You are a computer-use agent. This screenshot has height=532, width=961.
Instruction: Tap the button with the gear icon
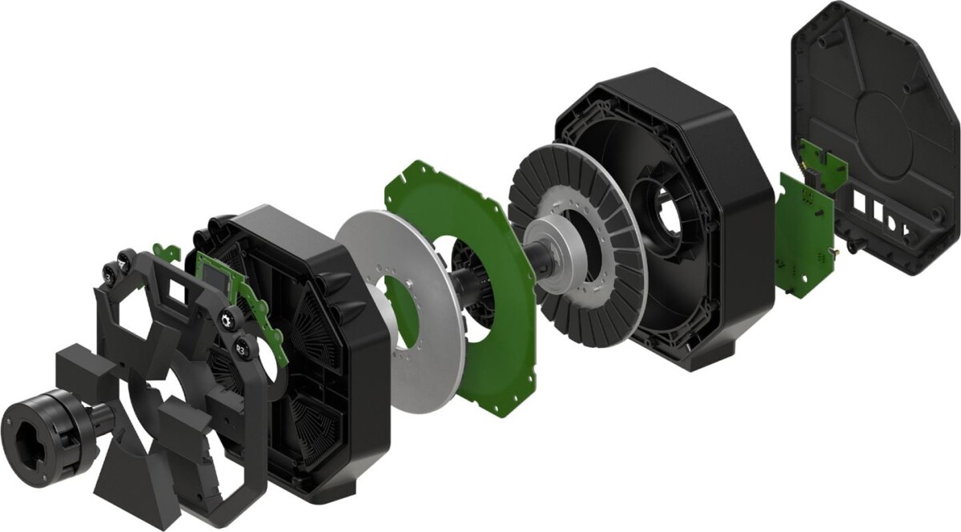click(x=227, y=319)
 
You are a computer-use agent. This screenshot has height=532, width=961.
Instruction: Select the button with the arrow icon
click(x=123, y=259)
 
